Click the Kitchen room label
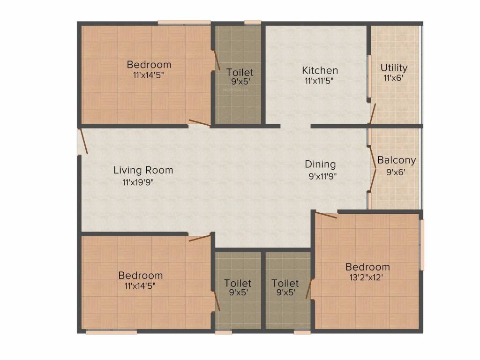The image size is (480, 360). point(320,70)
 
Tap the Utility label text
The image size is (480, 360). point(394,67)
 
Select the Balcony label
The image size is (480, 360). point(397,160)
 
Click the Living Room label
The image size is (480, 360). point(143,170)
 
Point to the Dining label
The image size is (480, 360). point(320,164)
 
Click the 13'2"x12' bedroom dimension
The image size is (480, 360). point(367,277)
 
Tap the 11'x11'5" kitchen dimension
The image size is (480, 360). point(320,81)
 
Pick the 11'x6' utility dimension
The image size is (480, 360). point(393,78)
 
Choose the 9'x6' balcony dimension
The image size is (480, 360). point(396,172)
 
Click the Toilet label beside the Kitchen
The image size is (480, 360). point(240,72)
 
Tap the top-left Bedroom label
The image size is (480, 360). point(149,64)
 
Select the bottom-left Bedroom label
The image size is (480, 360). point(140,275)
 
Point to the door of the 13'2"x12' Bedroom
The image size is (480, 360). point(326,215)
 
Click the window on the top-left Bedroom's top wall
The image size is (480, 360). point(184,22)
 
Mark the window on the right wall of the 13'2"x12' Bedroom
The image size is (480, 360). point(421,245)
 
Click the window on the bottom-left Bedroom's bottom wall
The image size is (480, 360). point(112,332)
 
